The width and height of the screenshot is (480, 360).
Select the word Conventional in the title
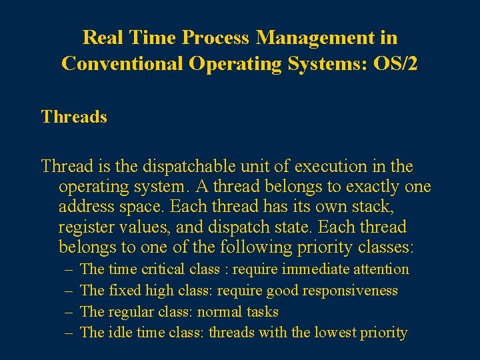[x=122, y=63]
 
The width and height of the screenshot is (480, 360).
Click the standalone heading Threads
[x=74, y=117]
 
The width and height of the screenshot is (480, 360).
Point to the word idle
[x=121, y=333]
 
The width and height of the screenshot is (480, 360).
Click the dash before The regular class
[x=69, y=311]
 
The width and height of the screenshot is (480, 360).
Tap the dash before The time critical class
[x=69, y=269]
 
